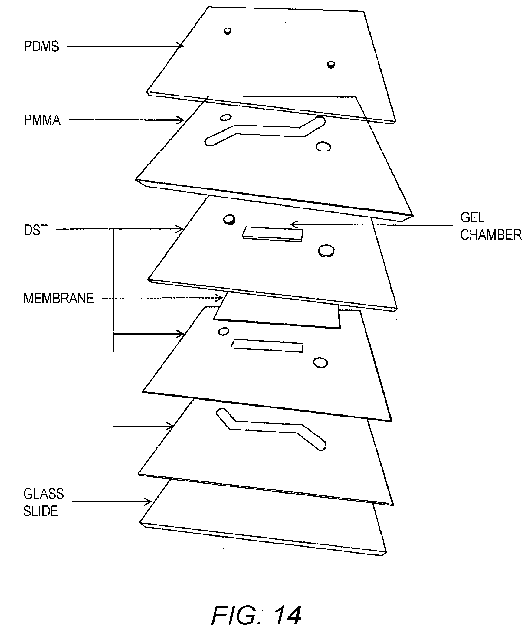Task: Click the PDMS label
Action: [x=41, y=47]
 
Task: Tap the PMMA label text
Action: [x=42, y=120]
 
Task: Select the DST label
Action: [x=36, y=230]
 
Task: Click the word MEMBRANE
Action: [x=59, y=298]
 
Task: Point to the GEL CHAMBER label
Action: [x=490, y=226]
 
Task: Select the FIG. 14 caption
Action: [x=257, y=598]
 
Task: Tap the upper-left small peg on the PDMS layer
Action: [x=228, y=31]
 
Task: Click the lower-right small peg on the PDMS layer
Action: [x=331, y=64]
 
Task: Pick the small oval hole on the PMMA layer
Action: [x=225, y=117]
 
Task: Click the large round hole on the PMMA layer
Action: [x=323, y=147]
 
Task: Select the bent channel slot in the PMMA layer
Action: [x=266, y=131]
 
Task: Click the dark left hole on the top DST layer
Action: [x=229, y=220]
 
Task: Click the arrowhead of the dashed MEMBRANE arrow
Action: [x=221, y=298]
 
